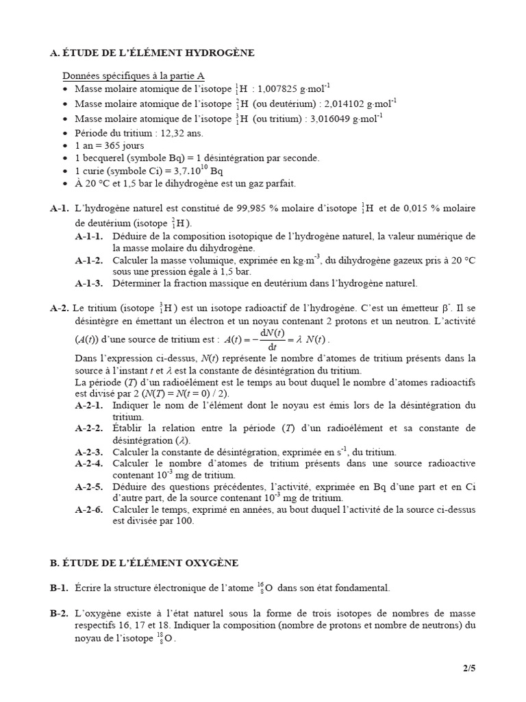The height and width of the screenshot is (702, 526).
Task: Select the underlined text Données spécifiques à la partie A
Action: click(134, 76)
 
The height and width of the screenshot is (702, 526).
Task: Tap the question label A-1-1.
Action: click(89, 236)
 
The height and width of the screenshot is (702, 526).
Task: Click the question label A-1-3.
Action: click(89, 282)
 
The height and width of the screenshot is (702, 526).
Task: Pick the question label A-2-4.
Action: click(89, 464)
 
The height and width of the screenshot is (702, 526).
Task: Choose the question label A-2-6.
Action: click(89, 509)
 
